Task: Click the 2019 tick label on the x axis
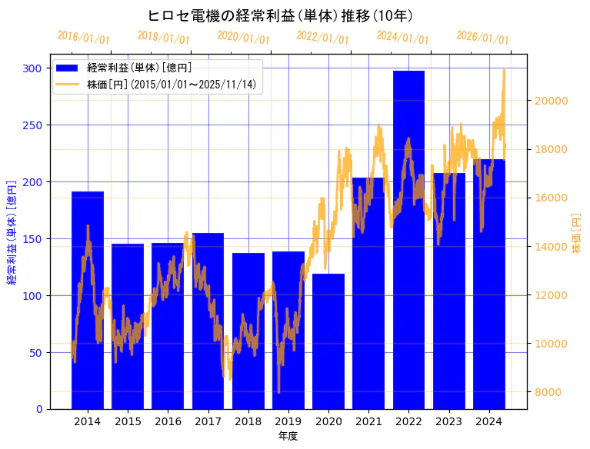pyautogui.click(x=288, y=421)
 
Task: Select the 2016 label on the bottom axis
pyautogui.click(x=168, y=421)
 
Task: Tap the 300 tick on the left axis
pyautogui.click(x=32, y=68)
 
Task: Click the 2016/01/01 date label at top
pyautogui.click(x=84, y=38)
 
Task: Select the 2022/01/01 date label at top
pyautogui.click(x=323, y=38)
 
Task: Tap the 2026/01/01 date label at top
pyautogui.click(x=483, y=38)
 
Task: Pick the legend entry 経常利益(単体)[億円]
pyautogui.click(x=139, y=68)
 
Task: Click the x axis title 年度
pyautogui.click(x=288, y=436)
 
